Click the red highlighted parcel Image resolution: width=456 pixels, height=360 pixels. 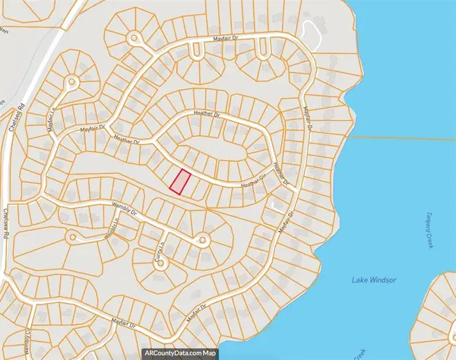click(179, 182)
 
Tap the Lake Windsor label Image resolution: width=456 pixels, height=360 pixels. click(373, 280)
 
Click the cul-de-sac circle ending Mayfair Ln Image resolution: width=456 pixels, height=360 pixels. click(73, 81)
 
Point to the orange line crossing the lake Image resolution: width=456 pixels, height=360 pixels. click(395, 137)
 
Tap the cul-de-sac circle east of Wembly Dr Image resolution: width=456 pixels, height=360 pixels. click(201, 240)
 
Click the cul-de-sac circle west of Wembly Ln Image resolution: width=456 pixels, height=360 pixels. click(72, 236)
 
